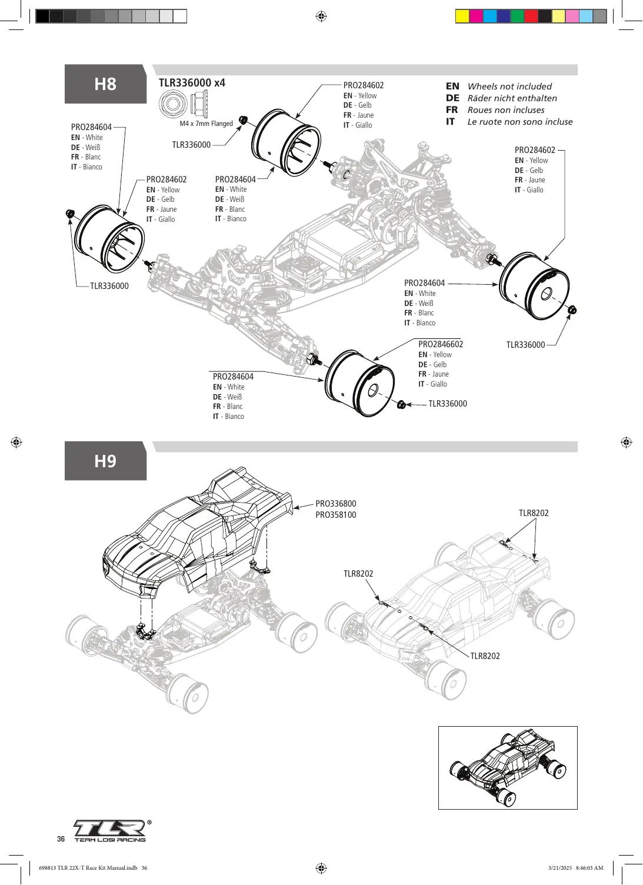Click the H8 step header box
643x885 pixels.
coord(105,84)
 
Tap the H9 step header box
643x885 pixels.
coord(105,461)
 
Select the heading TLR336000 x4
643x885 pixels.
coord(192,83)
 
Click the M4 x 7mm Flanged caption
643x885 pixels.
coord(206,124)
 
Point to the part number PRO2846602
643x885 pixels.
coord(441,344)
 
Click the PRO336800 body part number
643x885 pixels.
coord(336,504)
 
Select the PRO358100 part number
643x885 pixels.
coord(336,515)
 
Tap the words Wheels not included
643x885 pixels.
coord(509,86)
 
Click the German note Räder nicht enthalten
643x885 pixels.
coord(512,98)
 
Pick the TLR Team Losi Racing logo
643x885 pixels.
coord(110,831)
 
